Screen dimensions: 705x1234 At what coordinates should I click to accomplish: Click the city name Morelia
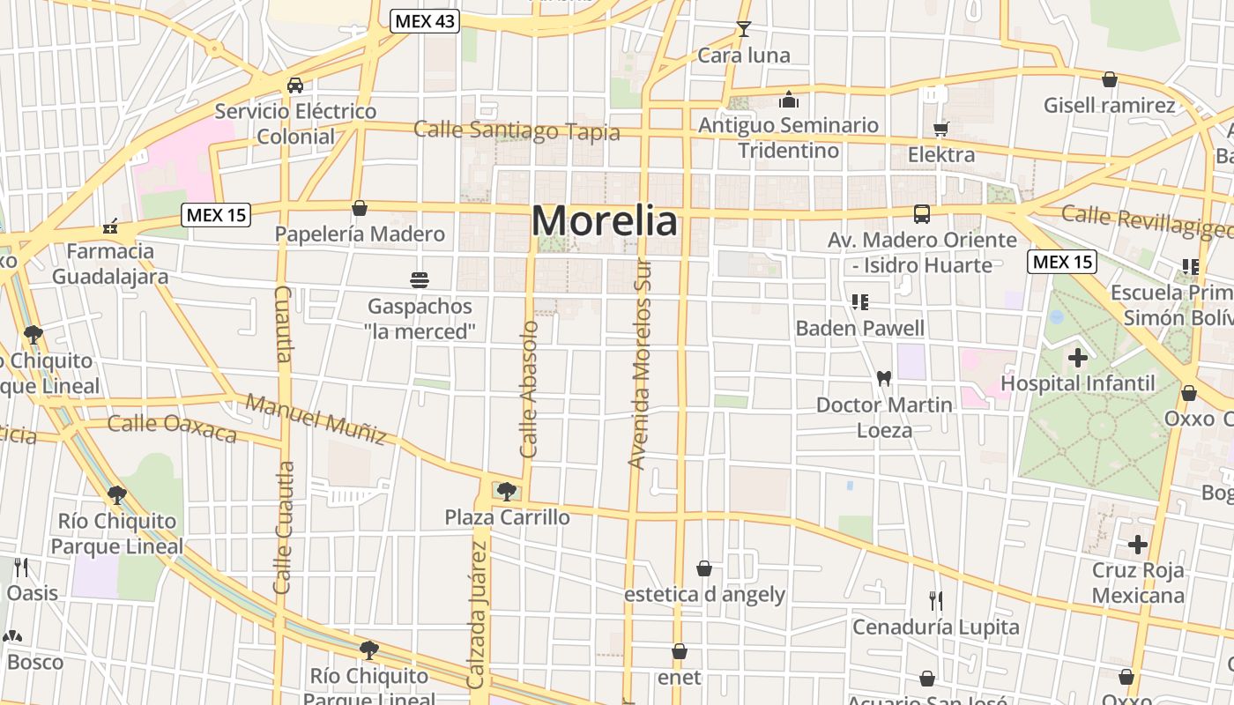tap(605, 220)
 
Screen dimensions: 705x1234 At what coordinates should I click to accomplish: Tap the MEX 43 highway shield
tap(425, 21)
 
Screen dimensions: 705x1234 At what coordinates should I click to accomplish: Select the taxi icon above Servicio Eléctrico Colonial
tap(295, 85)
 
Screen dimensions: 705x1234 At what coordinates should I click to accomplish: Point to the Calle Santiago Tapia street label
tap(517, 131)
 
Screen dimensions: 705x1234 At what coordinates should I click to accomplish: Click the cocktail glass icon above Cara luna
tap(744, 29)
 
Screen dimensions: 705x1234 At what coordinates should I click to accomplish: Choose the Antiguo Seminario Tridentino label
tap(788, 137)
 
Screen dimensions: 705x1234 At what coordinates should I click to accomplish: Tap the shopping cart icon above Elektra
tap(940, 130)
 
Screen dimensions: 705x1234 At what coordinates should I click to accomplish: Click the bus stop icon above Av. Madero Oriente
tap(921, 214)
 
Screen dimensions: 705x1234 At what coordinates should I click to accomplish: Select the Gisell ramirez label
tap(1109, 106)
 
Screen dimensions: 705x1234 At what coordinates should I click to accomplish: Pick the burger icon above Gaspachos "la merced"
tap(420, 280)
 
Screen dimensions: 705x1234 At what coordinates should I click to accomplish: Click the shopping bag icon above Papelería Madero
tap(359, 208)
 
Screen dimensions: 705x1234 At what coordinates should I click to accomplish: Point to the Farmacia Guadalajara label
tap(110, 263)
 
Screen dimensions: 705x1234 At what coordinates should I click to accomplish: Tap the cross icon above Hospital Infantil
tap(1077, 358)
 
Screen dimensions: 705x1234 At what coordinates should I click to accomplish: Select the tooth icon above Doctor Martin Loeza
tap(884, 378)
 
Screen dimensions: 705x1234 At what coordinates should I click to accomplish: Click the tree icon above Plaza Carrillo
tap(506, 491)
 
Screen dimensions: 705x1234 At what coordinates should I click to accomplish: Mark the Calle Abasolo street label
tap(529, 389)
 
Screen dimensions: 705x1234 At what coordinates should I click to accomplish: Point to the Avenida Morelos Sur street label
tap(641, 364)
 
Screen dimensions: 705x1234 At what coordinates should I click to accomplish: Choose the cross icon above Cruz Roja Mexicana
tap(1138, 545)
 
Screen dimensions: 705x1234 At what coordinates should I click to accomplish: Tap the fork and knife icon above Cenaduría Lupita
tap(935, 601)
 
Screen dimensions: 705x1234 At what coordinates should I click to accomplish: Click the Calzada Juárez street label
tap(477, 614)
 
